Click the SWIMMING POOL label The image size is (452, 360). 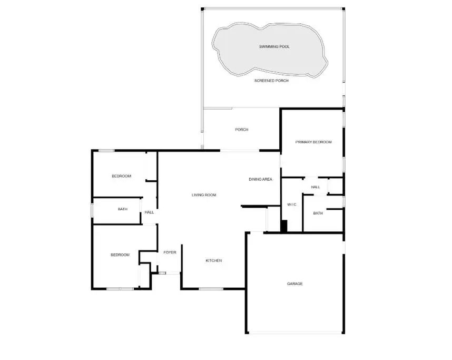pyautogui.click(x=274, y=46)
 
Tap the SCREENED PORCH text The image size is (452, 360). pyautogui.click(x=271, y=81)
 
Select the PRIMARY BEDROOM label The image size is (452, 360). pyautogui.click(x=313, y=142)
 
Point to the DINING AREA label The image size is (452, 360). pyautogui.click(x=260, y=179)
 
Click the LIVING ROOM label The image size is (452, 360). pyautogui.click(x=204, y=195)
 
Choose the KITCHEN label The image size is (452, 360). pyautogui.click(x=213, y=260)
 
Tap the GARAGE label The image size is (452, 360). pyautogui.click(x=294, y=284)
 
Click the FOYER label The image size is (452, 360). pyautogui.click(x=170, y=252)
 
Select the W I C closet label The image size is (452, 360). pyautogui.click(x=291, y=205)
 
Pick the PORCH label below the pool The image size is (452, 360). pyautogui.click(x=242, y=130)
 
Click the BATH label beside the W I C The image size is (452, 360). pyautogui.click(x=318, y=213)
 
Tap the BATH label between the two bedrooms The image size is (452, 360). pyautogui.click(x=123, y=209)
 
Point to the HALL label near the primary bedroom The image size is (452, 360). pyautogui.click(x=316, y=187)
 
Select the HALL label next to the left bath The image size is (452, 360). pyautogui.click(x=149, y=212)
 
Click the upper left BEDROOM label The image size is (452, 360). pyautogui.click(x=121, y=176)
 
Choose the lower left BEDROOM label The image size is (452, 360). pyautogui.click(x=120, y=255)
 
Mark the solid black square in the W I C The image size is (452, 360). pyautogui.click(x=284, y=226)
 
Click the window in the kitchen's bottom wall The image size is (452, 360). pyautogui.click(x=211, y=288)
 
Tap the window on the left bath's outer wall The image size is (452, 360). pyautogui.click(x=92, y=210)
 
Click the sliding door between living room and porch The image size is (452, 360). pyautogui.click(x=240, y=150)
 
